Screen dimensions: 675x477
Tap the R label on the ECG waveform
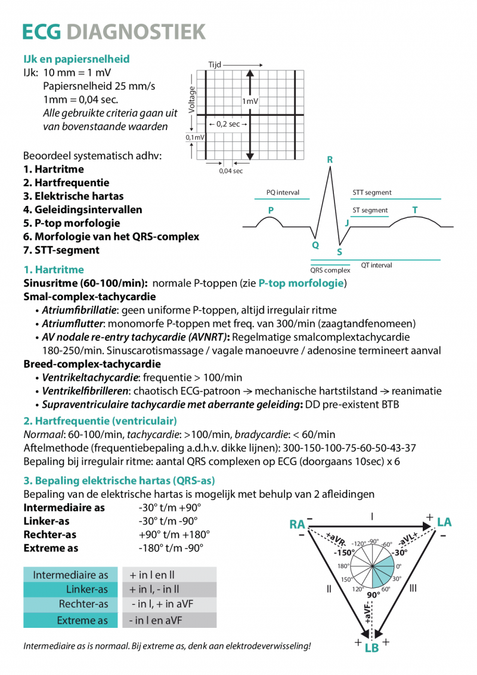point(330,160)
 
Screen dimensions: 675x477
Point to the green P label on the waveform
point(271,210)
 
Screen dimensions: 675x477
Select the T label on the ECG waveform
point(415,209)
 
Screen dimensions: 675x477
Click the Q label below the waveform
point(315,245)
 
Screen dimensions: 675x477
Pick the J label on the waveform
point(347,223)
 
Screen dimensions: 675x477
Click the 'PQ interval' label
point(283,193)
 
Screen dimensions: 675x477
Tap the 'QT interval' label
point(376,265)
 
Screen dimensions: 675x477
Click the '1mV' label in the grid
point(250,101)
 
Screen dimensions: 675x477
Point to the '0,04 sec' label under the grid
point(231,171)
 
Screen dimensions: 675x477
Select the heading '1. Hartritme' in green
point(54,270)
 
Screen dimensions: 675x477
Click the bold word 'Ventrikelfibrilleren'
point(85,392)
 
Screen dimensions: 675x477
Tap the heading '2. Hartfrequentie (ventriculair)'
point(100,420)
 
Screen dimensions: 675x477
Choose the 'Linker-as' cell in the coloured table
point(87,590)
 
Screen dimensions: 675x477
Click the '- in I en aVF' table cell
point(156,621)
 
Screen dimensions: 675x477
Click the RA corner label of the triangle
point(297,525)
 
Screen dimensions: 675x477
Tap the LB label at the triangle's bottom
point(371,648)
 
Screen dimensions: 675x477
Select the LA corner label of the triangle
point(444,522)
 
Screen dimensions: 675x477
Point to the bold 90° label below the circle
point(373,595)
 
